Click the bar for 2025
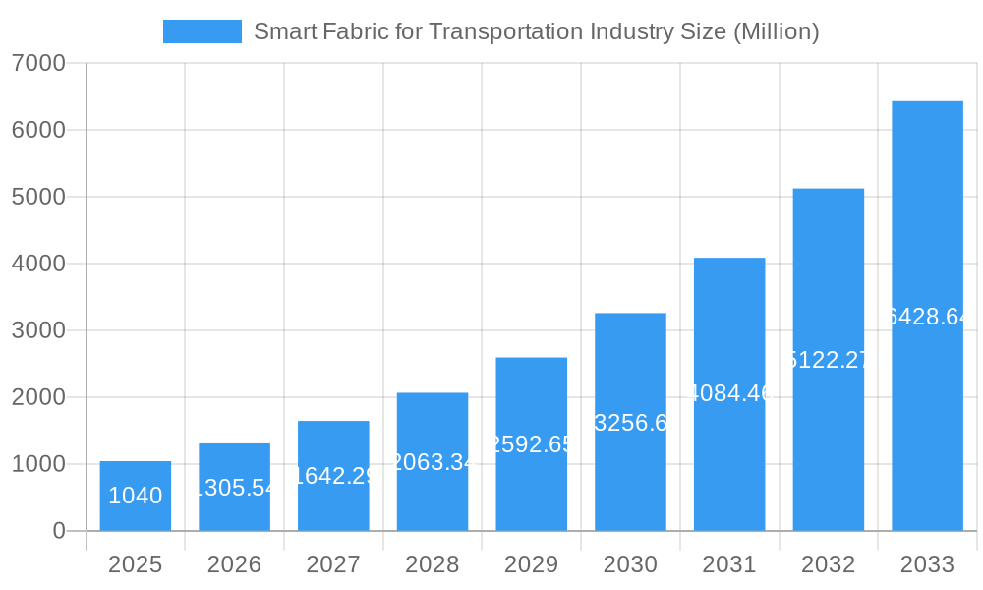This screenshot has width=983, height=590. pos(136,496)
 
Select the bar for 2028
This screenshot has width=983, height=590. pos(433,461)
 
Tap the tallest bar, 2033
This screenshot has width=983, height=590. pos(927,316)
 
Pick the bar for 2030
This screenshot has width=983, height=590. pos(630,422)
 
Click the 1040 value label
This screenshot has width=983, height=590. pos(136,496)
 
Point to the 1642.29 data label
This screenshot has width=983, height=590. pos(333,476)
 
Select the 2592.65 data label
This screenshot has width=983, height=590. pos(532,444)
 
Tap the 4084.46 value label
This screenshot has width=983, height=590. pos(729,394)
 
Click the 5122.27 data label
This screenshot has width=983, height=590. pos(829,360)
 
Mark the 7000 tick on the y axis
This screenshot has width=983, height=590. pos(38,63)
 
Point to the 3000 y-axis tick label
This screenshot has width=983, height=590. pos(38,330)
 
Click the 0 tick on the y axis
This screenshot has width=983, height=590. pos(58,531)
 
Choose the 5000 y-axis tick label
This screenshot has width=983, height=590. pos(38,197)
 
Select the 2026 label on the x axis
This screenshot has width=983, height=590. pos(234,564)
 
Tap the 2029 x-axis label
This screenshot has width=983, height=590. pos(532,564)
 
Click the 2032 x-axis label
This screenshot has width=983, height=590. pos(829,564)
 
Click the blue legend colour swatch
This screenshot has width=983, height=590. pos(202,31)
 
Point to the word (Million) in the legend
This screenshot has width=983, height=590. pos(776,31)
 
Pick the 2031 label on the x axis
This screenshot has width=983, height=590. pos(729,564)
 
